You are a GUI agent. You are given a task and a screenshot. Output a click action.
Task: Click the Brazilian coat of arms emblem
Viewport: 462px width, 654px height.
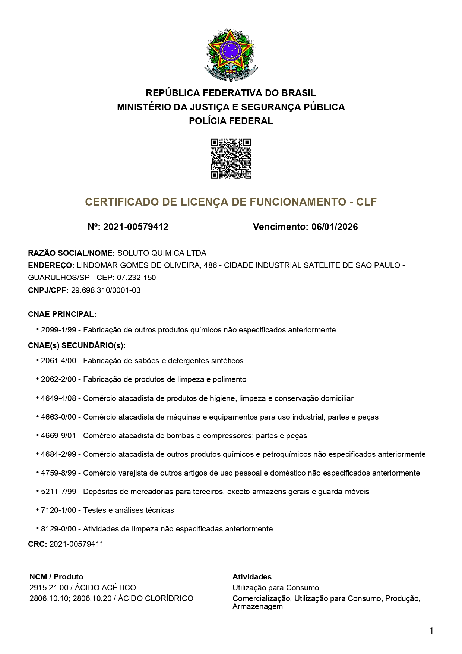[x=231, y=55]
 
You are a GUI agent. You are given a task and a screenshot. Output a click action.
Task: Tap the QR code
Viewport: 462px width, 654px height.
[x=231, y=159]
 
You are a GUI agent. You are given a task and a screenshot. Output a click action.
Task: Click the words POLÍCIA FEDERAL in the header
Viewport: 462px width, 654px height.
[x=231, y=121]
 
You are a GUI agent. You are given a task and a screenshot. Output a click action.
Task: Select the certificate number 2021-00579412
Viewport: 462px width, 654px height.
[x=136, y=227]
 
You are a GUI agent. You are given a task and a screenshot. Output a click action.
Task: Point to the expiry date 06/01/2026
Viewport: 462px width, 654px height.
[x=335, y=227]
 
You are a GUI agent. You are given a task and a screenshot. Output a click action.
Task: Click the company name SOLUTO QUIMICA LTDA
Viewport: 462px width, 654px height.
[x=162, y=253]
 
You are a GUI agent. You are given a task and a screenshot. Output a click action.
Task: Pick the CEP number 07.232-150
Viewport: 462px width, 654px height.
[x=136, y=278]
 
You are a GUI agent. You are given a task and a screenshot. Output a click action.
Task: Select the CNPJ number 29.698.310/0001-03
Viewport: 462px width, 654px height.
[x=106, y=290]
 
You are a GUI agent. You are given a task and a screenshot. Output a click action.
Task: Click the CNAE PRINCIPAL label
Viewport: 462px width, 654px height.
[x=62, y=314]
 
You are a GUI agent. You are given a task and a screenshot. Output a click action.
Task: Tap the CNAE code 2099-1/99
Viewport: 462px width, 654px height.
[x=58, y=330]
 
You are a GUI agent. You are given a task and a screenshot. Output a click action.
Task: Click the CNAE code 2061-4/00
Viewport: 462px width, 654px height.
[x=58, y=361]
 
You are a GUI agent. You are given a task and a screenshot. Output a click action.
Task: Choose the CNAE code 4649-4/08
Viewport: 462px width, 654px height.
[x=58, y=398]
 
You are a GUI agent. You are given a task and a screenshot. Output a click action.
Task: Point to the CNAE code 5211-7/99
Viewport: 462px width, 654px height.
[x=58, y=492]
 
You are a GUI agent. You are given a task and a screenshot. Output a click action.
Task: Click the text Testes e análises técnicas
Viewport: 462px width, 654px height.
[x=129, y=510]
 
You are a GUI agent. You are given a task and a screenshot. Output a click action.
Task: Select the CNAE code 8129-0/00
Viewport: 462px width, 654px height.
[x=58, y=529]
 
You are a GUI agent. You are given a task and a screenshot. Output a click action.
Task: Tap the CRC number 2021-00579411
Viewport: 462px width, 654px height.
[x=76, y=544]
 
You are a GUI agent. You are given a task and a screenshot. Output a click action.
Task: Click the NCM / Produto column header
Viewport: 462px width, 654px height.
[x=56, y=577]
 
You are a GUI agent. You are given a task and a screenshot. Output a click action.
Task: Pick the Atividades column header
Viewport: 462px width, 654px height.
[x=252, y=577]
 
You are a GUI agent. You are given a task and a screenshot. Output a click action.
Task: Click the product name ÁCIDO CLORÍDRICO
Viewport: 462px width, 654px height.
[x=156, y=598]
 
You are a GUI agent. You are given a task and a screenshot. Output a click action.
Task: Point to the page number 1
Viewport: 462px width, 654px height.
[x=431, y=631]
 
